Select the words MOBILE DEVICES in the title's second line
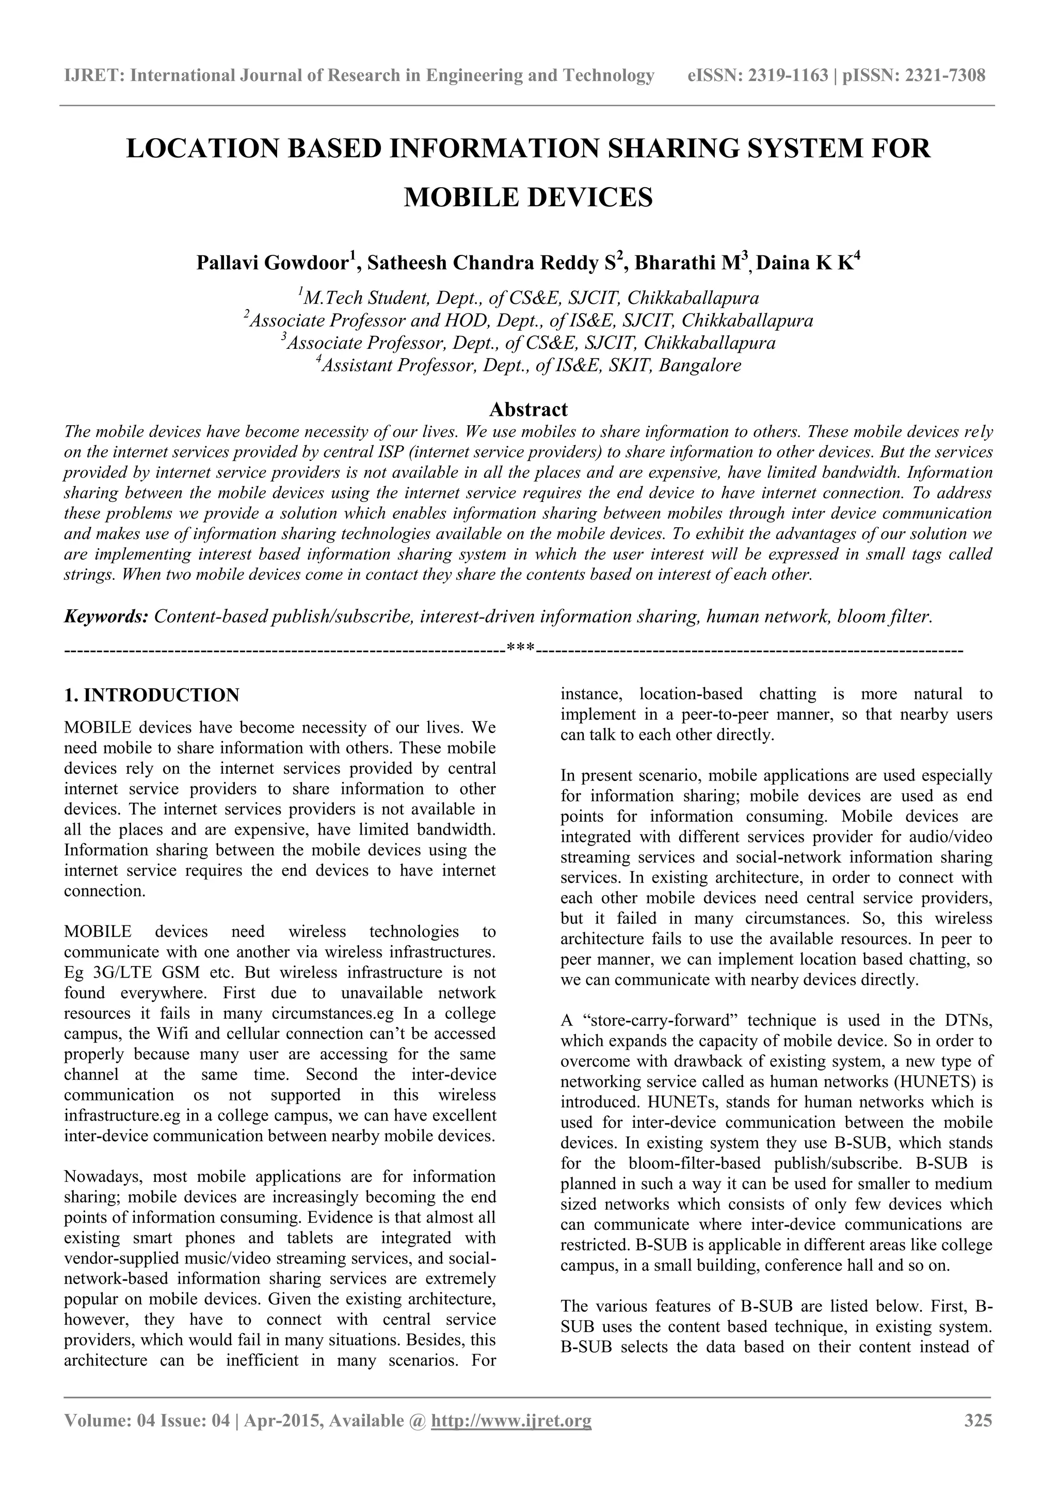(528, 197)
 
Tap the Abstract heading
(528, 409)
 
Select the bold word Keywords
(106, 616)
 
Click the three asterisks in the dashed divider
(521, 649)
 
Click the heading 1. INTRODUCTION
(152, 695)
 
